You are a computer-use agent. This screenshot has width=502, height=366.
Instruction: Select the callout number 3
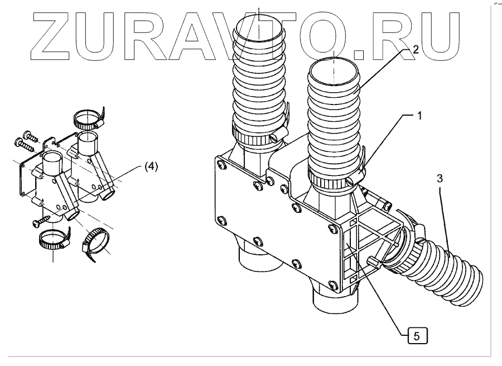pyautogui.click(x=440, y=178)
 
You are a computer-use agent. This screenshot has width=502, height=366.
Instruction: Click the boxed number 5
pyautogui.click(x=418, y=336)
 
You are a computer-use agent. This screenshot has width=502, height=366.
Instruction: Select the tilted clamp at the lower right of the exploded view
pyautogui.click(x=95, y=244)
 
